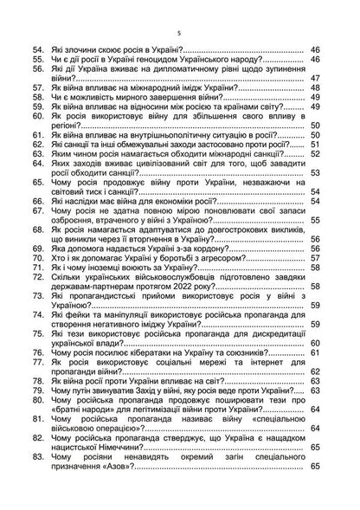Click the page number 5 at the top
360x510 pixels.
coord(177,32)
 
